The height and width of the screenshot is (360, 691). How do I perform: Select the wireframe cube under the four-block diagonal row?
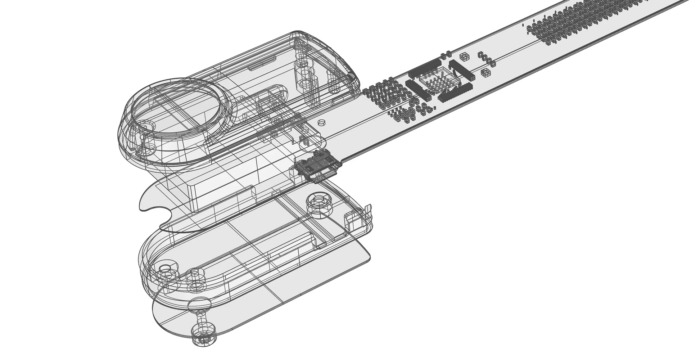[485, 72]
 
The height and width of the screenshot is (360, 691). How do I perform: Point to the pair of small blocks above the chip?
[446, 54]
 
